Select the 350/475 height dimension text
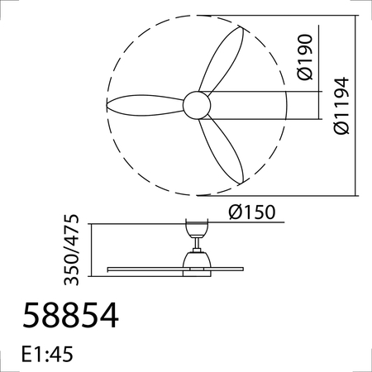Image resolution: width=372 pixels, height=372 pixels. (72, 246)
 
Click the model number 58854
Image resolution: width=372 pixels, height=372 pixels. (71, 316)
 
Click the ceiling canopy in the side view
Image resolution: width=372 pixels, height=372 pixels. (196, 228)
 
